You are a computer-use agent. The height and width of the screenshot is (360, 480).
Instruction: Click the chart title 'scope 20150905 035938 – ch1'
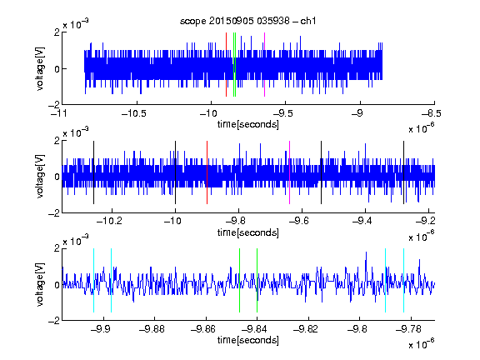point(247,21)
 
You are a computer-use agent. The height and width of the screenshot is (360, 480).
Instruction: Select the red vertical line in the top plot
point(226,65)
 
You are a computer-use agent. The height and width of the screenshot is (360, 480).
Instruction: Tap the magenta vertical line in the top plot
point(264,65)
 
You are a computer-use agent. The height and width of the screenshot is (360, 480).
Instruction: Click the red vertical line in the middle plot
point(207,172)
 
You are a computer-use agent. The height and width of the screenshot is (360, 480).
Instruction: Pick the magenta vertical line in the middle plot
point(290,172)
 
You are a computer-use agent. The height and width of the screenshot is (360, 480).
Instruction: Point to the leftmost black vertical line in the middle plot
point(93,172)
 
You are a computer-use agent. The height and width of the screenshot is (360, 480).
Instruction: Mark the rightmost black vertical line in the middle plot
point(404,172)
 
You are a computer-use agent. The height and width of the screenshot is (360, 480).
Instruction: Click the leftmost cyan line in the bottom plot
point(93,280)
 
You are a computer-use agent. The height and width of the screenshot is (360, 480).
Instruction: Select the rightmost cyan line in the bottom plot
point(404,280)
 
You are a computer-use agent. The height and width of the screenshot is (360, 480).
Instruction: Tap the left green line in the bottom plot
point(239,280)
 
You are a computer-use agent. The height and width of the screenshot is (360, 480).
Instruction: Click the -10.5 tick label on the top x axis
point(134,113)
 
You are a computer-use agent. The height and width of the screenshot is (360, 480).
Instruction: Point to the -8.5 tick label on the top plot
point(432,113)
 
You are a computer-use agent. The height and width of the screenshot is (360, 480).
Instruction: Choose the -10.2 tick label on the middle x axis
point(109,220)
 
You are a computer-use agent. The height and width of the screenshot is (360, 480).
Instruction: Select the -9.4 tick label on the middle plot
point(362,220)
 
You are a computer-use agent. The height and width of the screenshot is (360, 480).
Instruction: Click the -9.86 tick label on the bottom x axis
point(203,329)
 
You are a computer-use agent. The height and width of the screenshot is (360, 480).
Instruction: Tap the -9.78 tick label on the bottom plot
point(408,329)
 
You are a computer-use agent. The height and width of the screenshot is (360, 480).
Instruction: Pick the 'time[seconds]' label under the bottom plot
point(248,340)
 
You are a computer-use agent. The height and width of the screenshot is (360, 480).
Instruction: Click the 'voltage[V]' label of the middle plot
point(40,177)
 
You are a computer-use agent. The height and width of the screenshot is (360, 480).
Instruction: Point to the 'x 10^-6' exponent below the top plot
point(422,128)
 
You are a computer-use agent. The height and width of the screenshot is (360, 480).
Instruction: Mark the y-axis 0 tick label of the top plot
point(57,69)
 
